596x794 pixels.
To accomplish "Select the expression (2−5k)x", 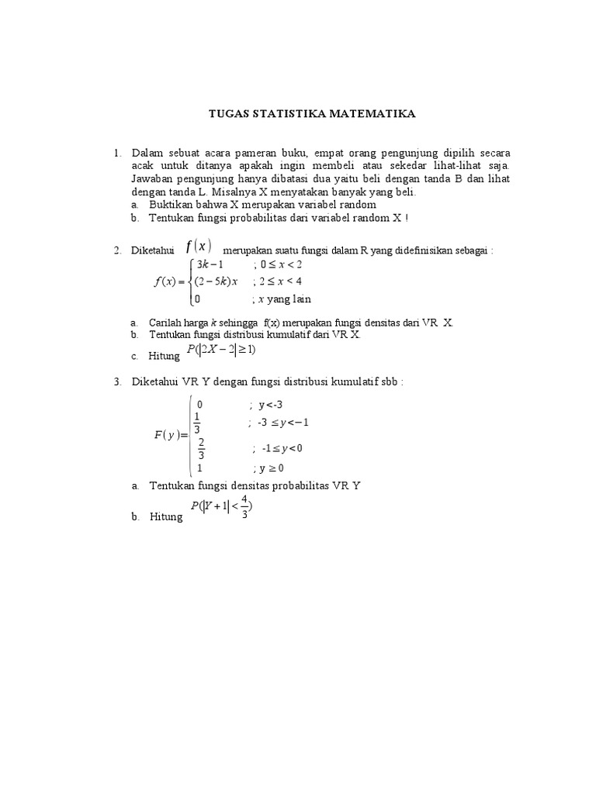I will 215,281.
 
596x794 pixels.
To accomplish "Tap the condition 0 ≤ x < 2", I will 281,265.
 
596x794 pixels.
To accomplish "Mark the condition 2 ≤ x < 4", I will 281,281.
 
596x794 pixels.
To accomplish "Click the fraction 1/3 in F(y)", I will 197,423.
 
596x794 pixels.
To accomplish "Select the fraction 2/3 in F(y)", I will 201,448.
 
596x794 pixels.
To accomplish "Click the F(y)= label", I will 172,435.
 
